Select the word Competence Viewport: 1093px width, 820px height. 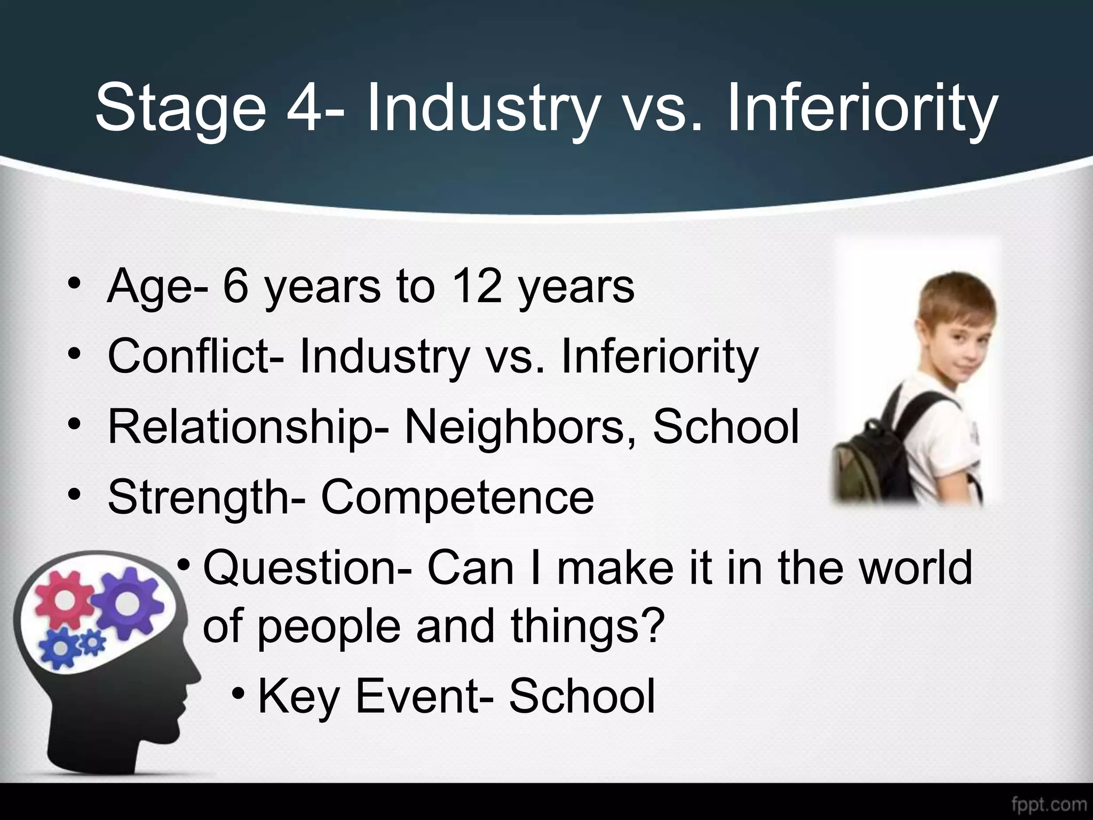(x=457, y=497)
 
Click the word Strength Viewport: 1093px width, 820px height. (x=200, y=497)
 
